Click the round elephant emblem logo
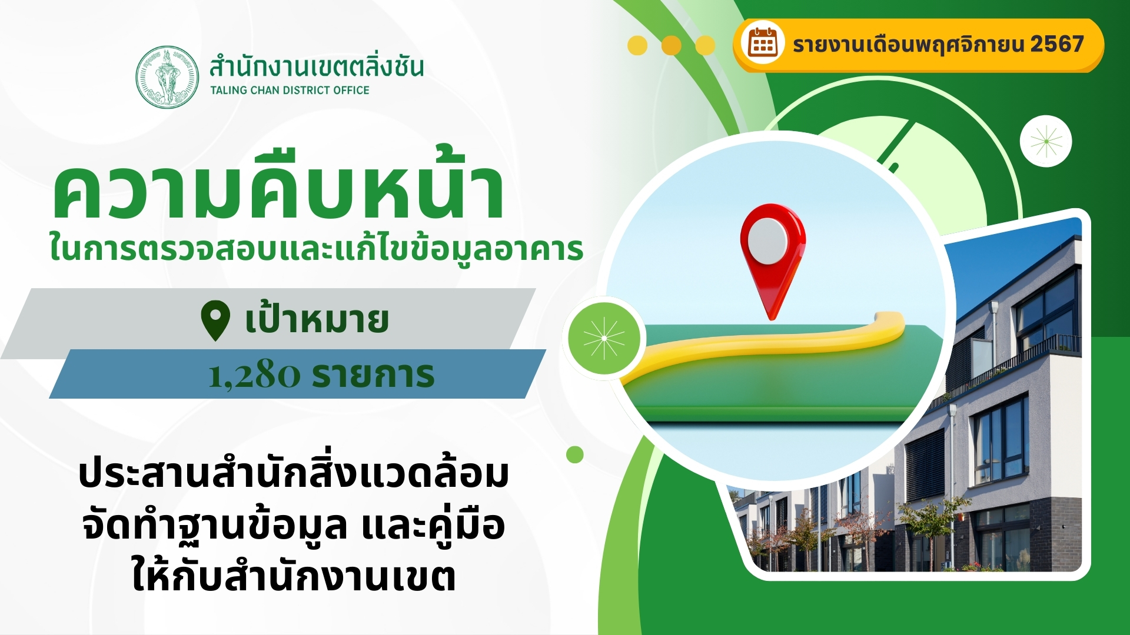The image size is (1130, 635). tap(167, 77)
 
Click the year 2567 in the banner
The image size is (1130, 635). tap(1057, 44)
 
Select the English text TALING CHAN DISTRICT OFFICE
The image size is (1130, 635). tap(290, 90)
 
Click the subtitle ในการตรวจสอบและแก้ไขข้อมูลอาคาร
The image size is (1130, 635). tap(316, 248)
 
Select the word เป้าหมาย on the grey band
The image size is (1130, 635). tap(317, 319)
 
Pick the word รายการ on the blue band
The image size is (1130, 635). tap(373, 375)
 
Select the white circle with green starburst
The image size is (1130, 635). tap(1046, 141)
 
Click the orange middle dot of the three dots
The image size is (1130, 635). tap(672, 45)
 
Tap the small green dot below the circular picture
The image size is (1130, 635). tap(575, 454)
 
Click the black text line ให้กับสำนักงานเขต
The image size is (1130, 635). tap(294, 576)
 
